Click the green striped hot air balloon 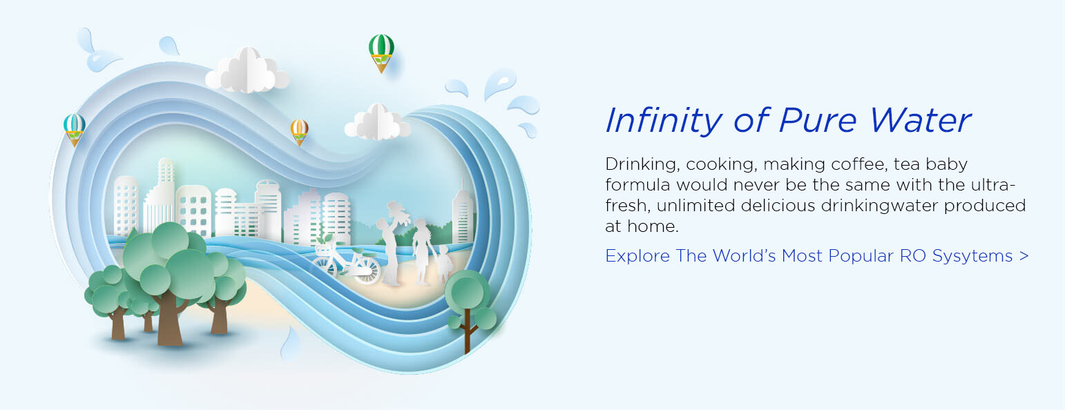point(381,52)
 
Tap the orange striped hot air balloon point(300,132)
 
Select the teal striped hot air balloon point(75,129)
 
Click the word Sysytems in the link point(972,257)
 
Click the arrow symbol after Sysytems point(1024,256)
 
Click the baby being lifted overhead point(399,213)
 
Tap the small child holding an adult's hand point(444,264)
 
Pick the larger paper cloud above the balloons point(247,70)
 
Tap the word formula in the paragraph point(637,185)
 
